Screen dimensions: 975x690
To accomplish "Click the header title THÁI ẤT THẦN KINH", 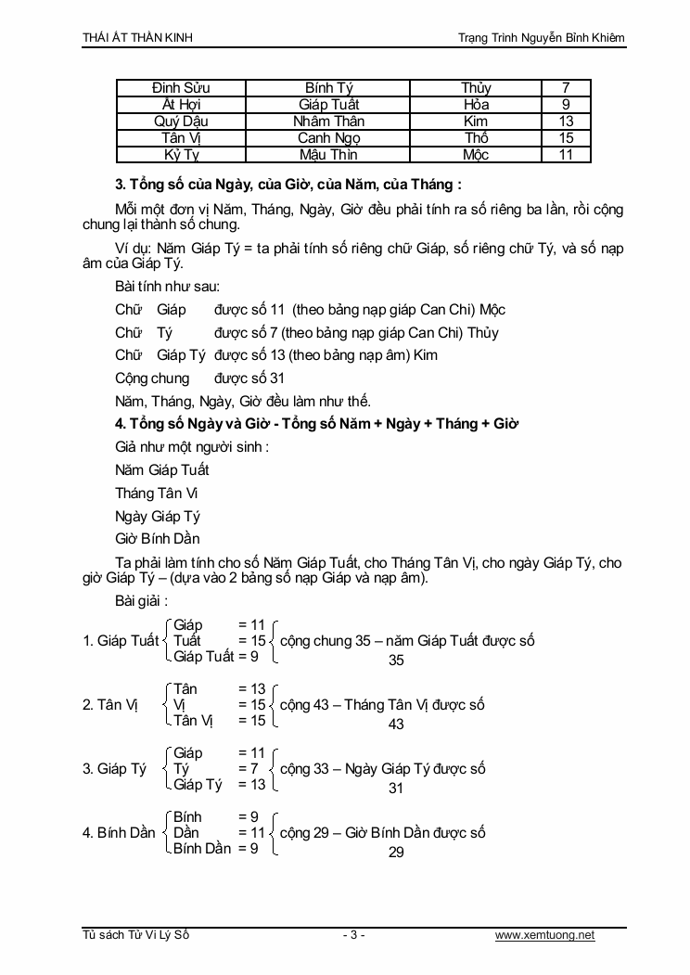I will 138,37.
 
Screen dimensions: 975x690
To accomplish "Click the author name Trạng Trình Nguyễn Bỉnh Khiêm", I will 542,37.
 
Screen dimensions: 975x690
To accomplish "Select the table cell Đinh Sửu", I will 181,88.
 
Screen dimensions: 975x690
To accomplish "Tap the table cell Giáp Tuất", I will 329,105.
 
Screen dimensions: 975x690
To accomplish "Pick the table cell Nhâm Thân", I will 329,122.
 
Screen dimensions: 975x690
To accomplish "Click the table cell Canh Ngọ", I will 329,138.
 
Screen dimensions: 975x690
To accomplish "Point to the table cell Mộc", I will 476,155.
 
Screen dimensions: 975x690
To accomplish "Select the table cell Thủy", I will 476,88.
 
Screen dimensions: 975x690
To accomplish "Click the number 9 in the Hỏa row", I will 566,105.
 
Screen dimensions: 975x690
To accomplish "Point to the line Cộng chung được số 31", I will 199,378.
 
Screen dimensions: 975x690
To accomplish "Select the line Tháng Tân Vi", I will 157,493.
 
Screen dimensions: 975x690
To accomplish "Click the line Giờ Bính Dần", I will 158,538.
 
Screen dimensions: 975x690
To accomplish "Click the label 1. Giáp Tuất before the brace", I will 121,640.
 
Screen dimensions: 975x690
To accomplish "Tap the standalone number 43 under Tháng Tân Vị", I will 396,724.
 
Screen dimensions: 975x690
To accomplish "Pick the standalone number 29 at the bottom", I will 396,852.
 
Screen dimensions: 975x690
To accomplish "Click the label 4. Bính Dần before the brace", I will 119,832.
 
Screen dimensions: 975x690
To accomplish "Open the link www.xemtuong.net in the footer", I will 545,935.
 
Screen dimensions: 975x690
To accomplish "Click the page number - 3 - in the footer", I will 353,935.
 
